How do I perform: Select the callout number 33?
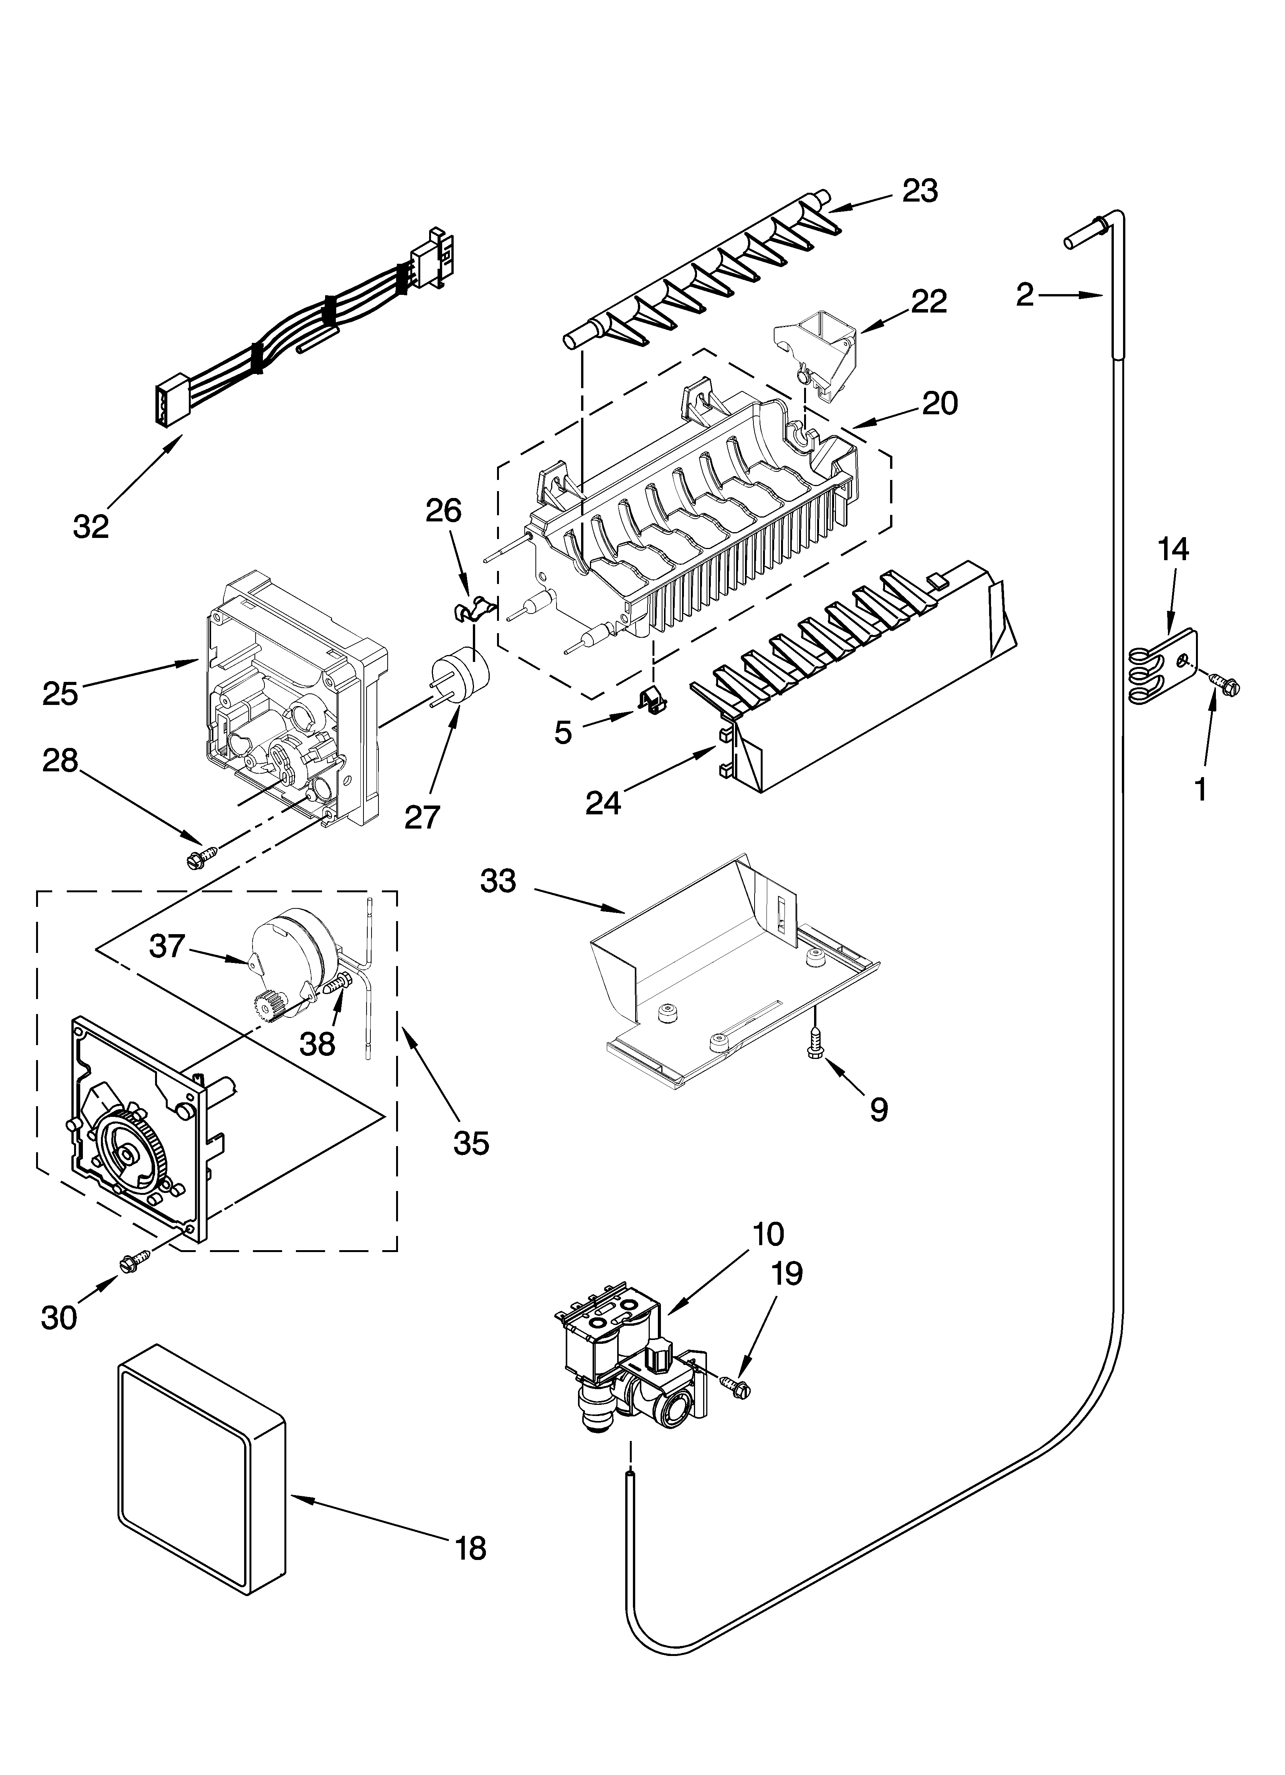[x=499, y=882]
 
